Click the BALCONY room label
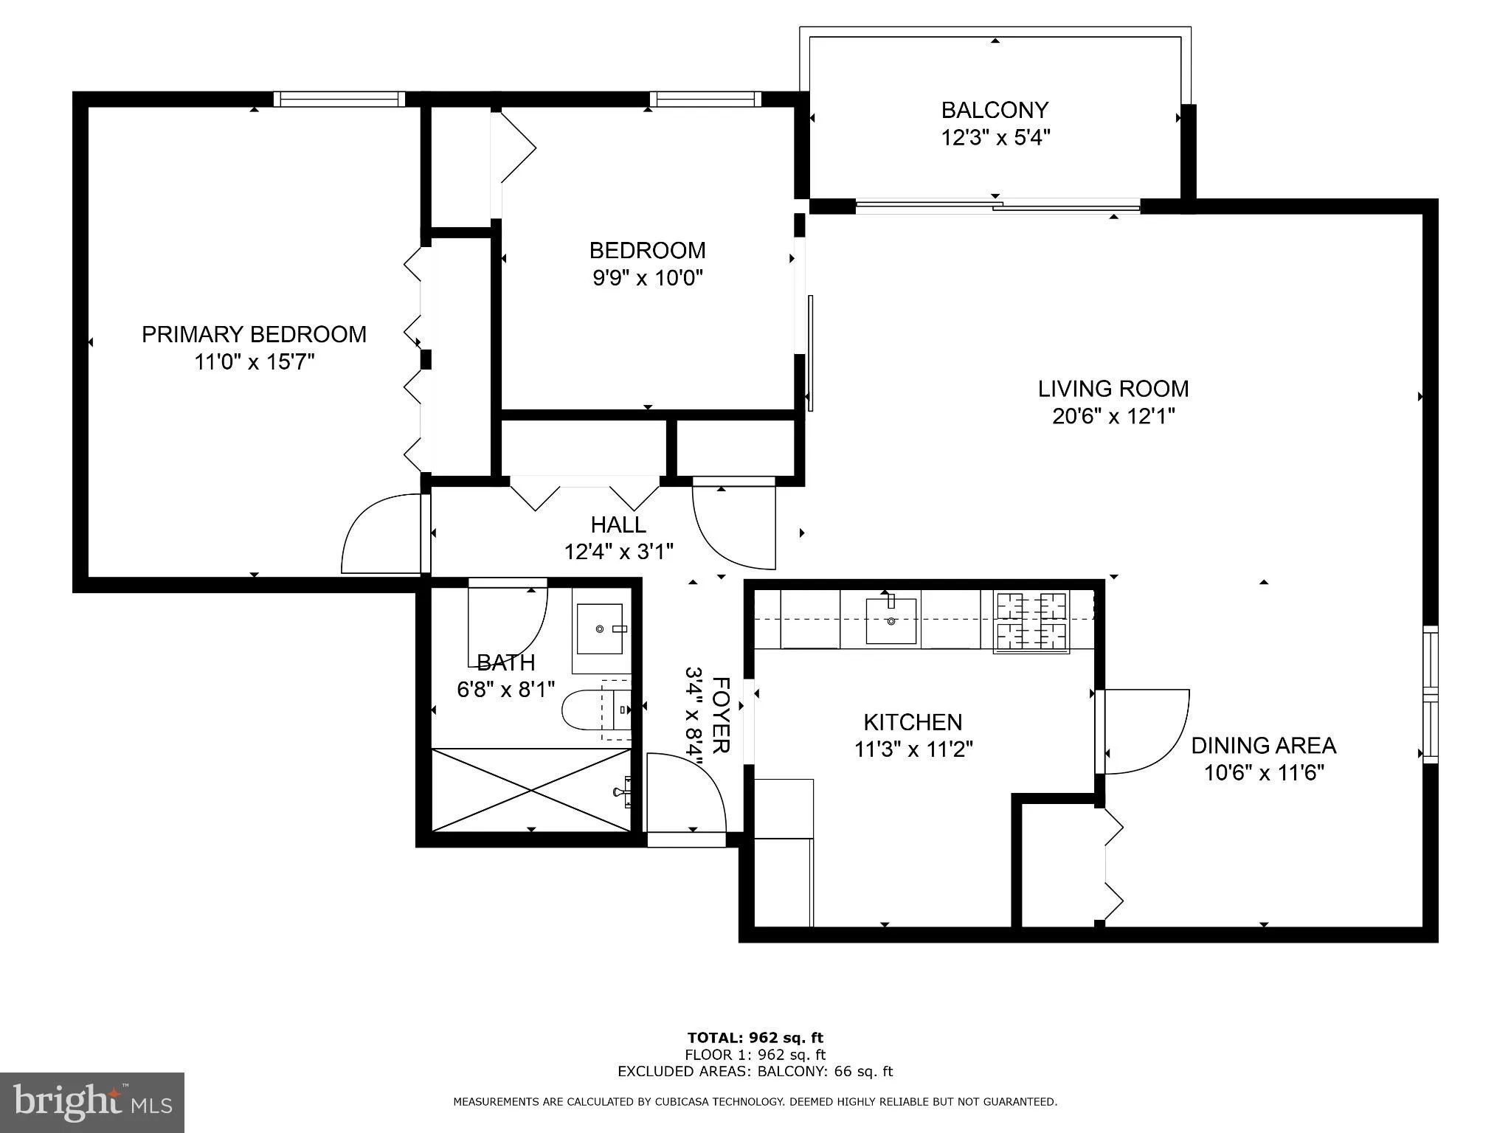point(995,110)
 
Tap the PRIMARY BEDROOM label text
point(254,334)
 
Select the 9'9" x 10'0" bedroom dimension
point(648,278)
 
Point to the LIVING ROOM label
point(1113,389)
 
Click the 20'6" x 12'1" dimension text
point(1113,417)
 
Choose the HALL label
point(618,524)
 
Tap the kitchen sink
point(891,620)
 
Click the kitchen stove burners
point(1032,622)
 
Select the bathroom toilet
point(596,709)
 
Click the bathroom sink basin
point(600,628)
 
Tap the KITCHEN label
point(913,722)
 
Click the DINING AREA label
point(1264,746)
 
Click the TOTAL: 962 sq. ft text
point(755,1039)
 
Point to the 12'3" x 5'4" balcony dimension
point(995,138)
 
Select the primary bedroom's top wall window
point(339,99)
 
